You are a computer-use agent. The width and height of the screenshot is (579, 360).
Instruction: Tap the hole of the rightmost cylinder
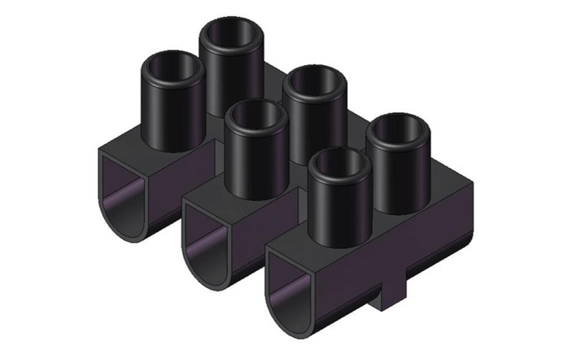[x=398, y=129]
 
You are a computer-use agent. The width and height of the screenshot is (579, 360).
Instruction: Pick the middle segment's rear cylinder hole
[x=314, y=83]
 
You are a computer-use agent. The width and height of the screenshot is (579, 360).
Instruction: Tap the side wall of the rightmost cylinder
[x=400, y=179]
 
